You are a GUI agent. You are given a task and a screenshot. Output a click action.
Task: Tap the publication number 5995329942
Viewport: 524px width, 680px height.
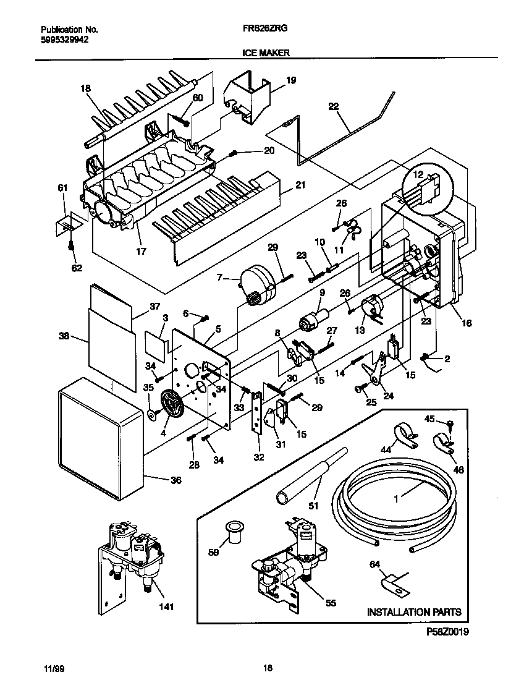coord(64,39)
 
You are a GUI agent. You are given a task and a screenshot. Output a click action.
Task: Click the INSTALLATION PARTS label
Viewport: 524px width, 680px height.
coord(414,612)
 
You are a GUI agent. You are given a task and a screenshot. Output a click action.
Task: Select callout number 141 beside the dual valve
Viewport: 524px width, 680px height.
coord(165,606)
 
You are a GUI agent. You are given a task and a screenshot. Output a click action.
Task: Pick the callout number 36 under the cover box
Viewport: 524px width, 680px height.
coord(176,480)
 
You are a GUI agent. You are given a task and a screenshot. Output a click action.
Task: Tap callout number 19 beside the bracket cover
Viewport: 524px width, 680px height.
coord(291,80)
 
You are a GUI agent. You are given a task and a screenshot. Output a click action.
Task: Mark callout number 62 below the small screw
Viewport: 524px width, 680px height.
coord(77,268)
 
